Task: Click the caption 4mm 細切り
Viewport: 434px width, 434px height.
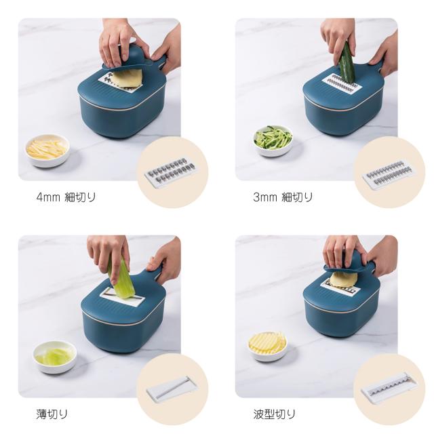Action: [66, 197]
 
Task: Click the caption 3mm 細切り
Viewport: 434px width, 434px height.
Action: [283, 197]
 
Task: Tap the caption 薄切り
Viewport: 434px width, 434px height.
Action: [52, 414]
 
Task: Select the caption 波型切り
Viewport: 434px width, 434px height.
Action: [274, 414]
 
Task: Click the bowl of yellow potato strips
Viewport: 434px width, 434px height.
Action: [47, 151]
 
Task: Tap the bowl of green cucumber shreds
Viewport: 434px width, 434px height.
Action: [273, 140]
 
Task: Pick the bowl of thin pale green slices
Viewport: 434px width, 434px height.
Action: [55, 357]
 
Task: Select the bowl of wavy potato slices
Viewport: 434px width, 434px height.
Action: [267, 347]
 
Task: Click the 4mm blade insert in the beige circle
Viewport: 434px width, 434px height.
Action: [172, 172]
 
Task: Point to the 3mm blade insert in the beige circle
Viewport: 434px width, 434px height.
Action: [389, 174]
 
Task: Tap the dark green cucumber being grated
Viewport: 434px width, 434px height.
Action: [347, 62]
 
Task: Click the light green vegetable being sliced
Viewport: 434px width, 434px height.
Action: [121, 279]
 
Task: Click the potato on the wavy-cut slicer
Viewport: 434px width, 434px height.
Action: [344, 280]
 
